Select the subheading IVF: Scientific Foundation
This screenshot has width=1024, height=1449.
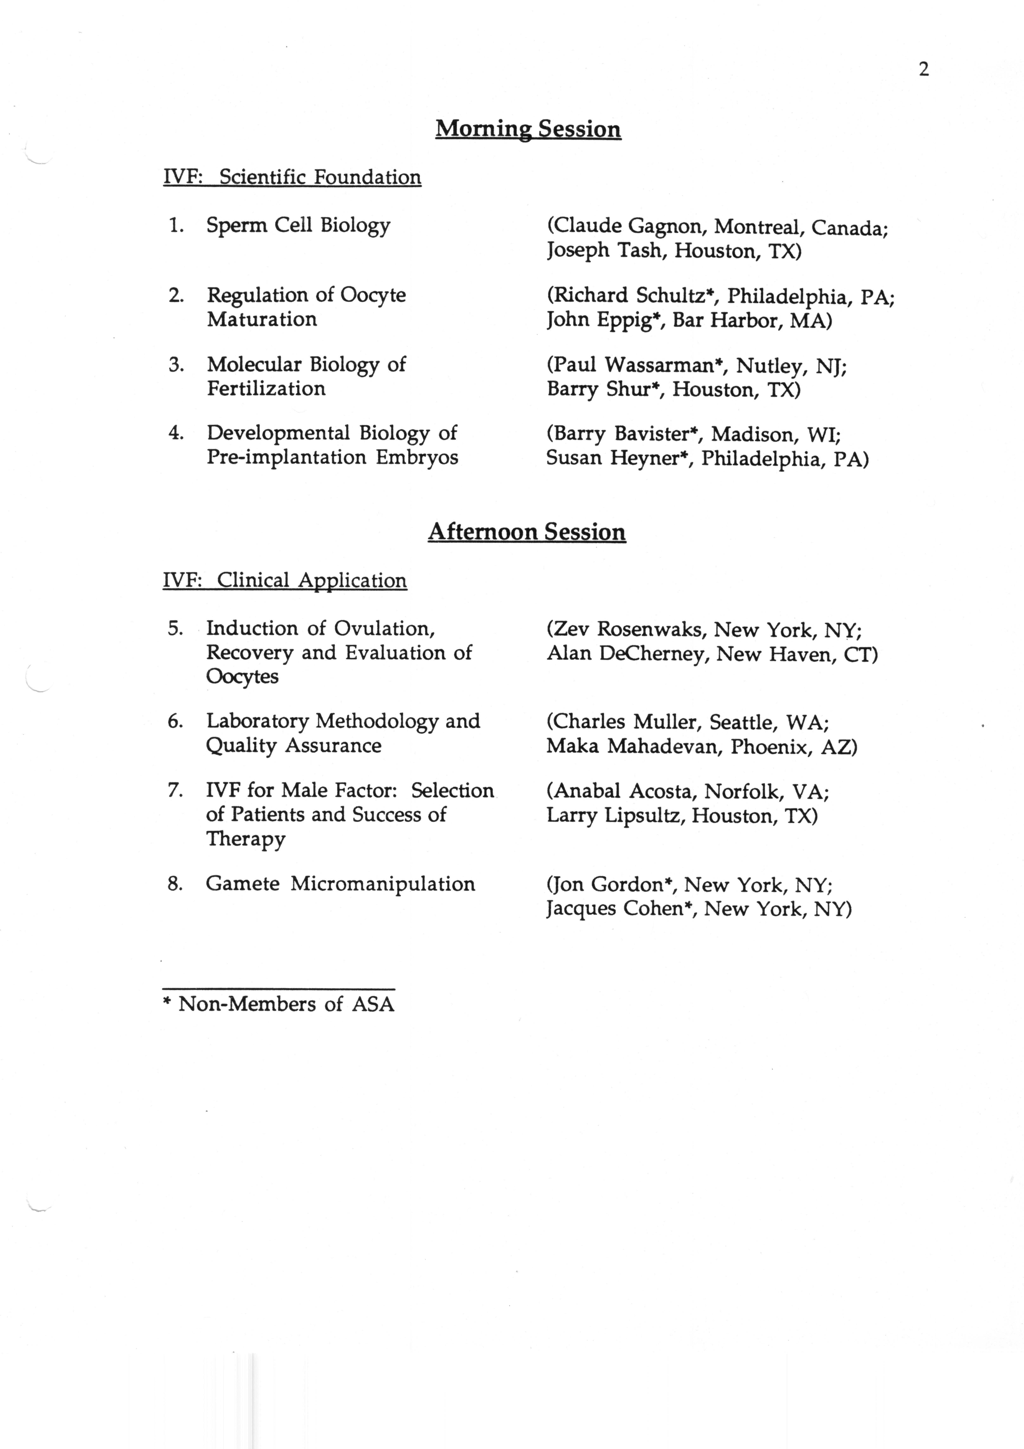tap(292, 177)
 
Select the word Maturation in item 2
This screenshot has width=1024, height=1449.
tap(262, 319)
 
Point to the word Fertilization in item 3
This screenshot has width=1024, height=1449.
tap(266, 389)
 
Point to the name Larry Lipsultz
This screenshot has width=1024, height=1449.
tap(614, 816)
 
